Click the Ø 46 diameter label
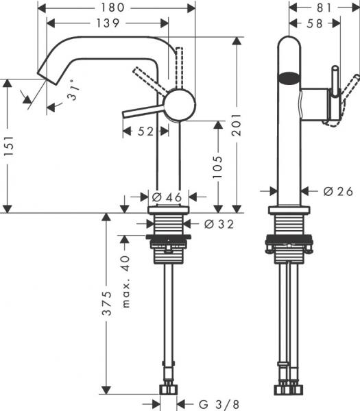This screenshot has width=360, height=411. click(x=166, y=197)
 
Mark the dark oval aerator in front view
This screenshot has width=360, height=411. click(x=289, y=77)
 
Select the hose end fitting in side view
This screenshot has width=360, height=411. click(x=169, y=390)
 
